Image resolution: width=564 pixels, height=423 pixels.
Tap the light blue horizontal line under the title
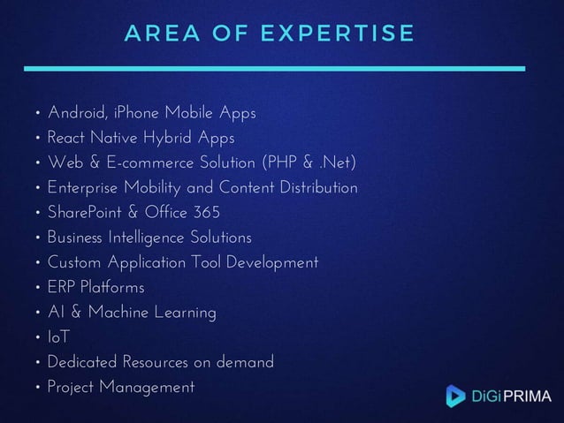point(274,68)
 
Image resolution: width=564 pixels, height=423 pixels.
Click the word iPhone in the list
point(137,114)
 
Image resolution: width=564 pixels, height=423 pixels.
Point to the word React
point(67,139)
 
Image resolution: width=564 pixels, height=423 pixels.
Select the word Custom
point(74,263)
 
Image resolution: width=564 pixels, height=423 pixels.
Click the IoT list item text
point(58,338)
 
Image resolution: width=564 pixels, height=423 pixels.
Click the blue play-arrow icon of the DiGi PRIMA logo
point(455,396)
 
